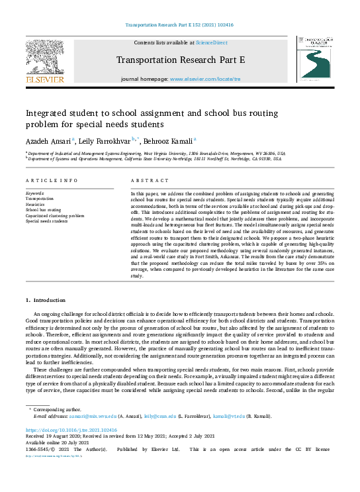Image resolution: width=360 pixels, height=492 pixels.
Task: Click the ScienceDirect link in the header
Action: (x=211, y=42)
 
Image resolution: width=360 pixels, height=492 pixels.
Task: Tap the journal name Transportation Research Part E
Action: (x=181, y=60)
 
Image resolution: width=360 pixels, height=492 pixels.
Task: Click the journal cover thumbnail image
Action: (x=315, y=60)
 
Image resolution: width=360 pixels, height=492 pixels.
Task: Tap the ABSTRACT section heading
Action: (x=145, y=180)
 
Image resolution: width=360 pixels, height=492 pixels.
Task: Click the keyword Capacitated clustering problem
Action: (x=55, y=215)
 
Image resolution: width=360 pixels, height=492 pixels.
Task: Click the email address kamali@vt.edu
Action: (x=226, y=416)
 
